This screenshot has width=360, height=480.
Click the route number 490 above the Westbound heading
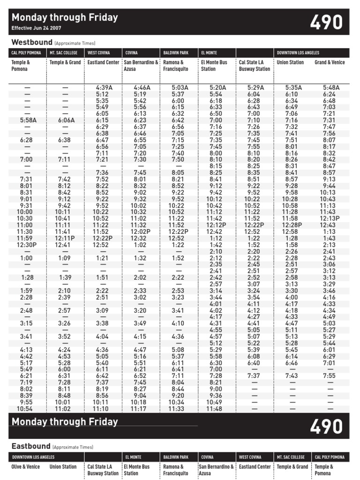point(326,22)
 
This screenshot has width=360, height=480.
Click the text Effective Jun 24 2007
point(36,28)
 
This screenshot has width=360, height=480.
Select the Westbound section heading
point(32,42)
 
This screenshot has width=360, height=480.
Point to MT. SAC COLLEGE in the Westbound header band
point(64,53)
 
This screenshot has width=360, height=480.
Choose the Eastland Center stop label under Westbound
point(103,62)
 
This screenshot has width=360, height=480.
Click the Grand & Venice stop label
point(330,62)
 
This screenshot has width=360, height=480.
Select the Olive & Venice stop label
point(26,467)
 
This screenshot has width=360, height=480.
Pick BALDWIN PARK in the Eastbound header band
point(176,457)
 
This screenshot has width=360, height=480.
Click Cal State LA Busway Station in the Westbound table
point(254,66)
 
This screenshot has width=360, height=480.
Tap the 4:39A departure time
point(103,87)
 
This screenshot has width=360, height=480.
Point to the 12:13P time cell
point(330,218)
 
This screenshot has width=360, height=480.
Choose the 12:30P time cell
point(27,245)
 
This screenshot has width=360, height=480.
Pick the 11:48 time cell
point(216,409)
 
